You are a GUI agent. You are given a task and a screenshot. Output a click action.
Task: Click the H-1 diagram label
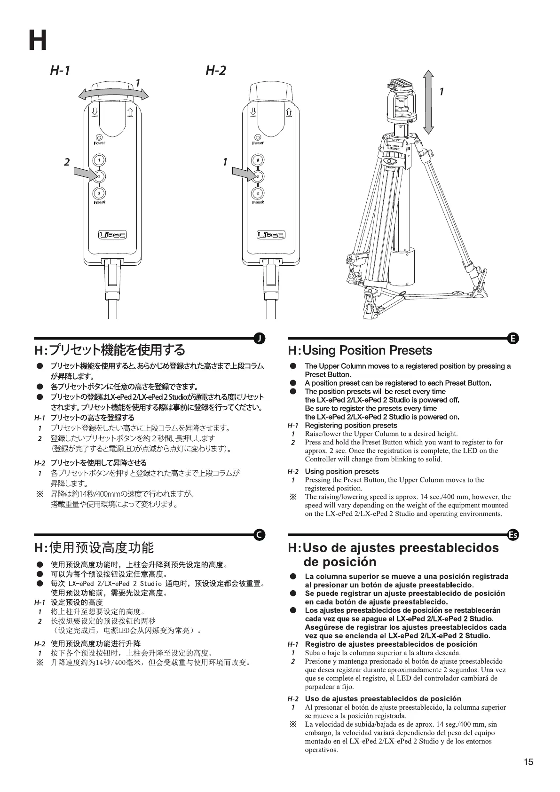click(60, 71)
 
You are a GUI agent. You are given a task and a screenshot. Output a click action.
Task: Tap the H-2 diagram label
click(216, 71)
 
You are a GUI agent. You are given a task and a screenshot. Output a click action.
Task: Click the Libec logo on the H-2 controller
click(270, 235)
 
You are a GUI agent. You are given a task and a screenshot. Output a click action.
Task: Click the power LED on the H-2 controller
click(258, 137)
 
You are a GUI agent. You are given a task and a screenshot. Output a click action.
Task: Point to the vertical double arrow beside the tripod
click(429, 102)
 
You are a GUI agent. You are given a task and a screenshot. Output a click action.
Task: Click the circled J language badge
click(259, 338)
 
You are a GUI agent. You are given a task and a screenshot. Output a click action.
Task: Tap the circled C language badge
click(259, 535)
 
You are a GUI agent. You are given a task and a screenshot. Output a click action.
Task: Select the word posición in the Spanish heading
click(340, 562)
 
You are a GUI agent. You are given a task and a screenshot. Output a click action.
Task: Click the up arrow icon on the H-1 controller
click(130, 112)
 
